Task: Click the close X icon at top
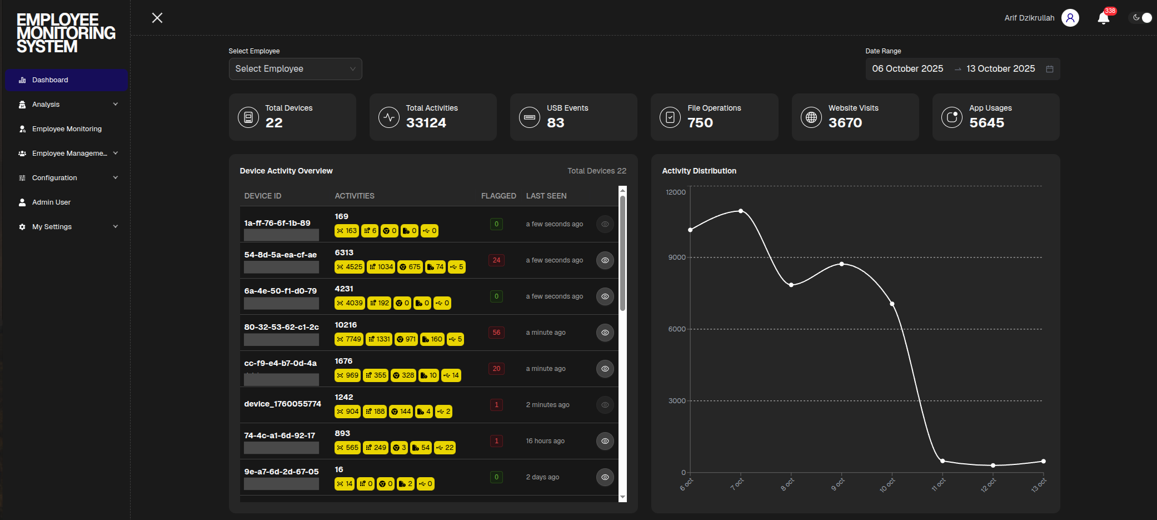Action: [157, 18]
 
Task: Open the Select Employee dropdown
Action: [295, 69]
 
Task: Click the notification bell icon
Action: [1103, 18]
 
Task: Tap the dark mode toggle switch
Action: [1142, 18]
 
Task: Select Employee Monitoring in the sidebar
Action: [67, 129]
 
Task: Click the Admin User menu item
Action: [51, 202]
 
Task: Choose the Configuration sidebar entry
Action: [54, 178]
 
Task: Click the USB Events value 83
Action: [555, 123]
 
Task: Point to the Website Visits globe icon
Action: [811, 117]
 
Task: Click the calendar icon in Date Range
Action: [1050, 69]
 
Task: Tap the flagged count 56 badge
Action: [496, 333]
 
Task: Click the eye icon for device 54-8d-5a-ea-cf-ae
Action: [605, 260]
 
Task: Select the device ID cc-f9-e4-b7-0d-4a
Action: [280, 363]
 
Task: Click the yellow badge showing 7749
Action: [349, 339]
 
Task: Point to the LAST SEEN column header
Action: [546, 196]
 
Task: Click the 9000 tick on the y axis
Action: [676, 257]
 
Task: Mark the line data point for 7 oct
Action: [741, 211]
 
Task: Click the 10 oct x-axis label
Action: [887, 485]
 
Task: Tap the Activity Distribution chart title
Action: [699, 171]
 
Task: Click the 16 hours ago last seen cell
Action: [545, 441]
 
